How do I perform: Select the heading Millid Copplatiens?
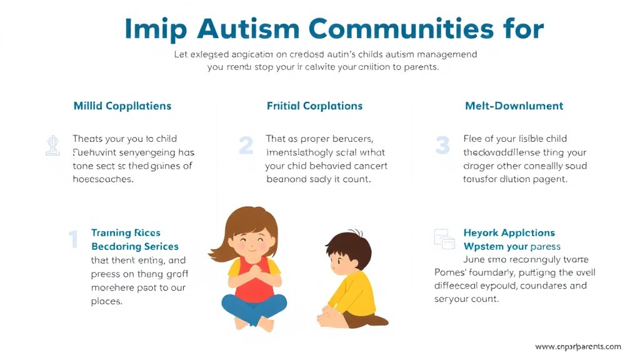point(122,106)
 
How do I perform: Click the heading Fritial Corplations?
point(314,106)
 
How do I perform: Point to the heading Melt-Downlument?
point(514,106)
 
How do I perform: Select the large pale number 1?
point(73,239)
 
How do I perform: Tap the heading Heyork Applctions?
point(509,233)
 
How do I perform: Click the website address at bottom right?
point(578,346)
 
